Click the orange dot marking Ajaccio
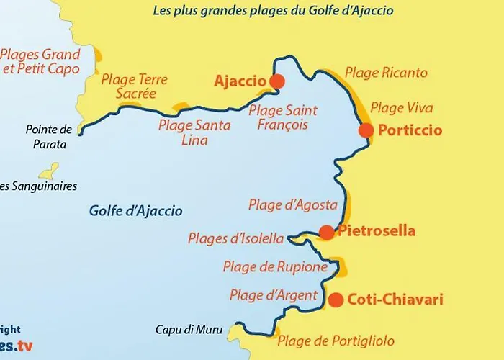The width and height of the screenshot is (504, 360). [x=276, y=81]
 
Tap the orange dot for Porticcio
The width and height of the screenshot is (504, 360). [x=366, y=130]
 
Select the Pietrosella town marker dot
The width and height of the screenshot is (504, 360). [x=326, y=232]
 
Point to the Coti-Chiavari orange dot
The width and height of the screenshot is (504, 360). [x=336, y=300]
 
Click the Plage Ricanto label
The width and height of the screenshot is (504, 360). [x=386, y=73]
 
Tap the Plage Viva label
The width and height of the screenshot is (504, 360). [x=402, y=108]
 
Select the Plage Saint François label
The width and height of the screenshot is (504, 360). [x=282, y=117]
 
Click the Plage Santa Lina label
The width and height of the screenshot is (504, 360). [x=194, y=132]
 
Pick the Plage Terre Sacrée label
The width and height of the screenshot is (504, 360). [x=135, y=86]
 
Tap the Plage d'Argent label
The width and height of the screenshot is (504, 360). [x=274, y=295]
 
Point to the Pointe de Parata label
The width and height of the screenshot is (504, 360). [x=49, y=137]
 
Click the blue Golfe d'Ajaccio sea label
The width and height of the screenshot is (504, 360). [x=136, y=211]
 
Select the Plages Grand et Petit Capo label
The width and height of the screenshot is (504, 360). [x=40, y=62]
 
